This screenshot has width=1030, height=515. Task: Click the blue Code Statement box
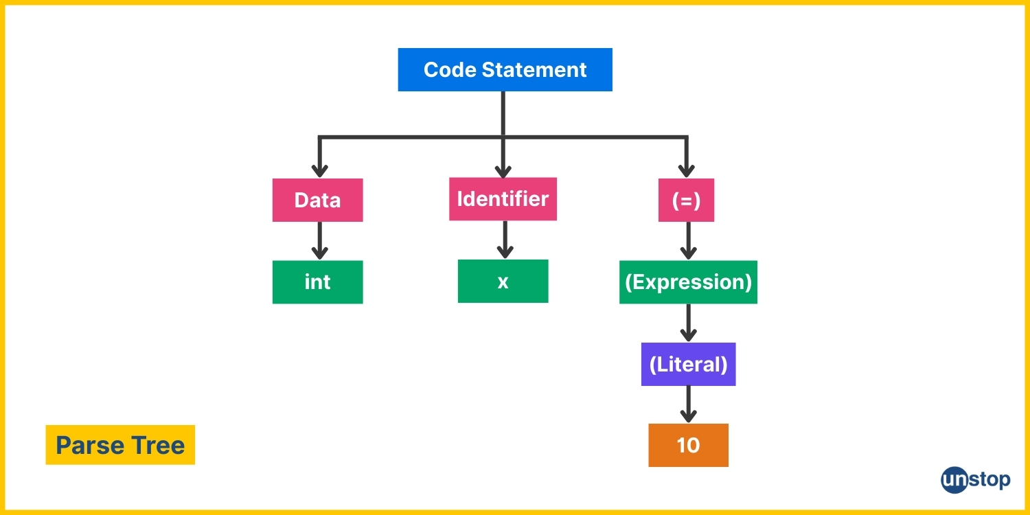tap(505, 69)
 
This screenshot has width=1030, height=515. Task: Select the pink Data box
tap(318, 200)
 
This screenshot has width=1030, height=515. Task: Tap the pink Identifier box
tap(503, 199)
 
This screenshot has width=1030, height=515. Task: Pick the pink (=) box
tap(686, 200)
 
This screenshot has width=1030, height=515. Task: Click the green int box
tap(318, 282)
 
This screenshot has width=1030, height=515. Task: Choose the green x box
tap(503, 281)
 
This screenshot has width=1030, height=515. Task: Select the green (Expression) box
tap(688, 282)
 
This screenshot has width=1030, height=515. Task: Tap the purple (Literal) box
tap(688, 364)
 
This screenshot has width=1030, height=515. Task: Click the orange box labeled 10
tap(688, 445)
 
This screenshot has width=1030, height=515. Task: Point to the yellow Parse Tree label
tap(120, 445)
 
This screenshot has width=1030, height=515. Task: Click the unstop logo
tap(975, 480)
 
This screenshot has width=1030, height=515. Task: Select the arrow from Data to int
tap(319, 241)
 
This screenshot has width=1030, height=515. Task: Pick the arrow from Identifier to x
tap(505, 240)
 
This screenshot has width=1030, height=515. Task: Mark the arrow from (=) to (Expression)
tap(688, 241)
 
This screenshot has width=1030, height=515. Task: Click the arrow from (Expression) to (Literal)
tap(688, 323)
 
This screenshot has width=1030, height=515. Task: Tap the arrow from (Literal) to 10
tap(688, 404)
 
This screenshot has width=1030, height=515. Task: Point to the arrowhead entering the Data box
tap(319, 171)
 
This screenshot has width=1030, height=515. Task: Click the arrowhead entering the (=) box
tap(686, 171)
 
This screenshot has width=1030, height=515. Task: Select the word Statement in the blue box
tap(534, 70)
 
